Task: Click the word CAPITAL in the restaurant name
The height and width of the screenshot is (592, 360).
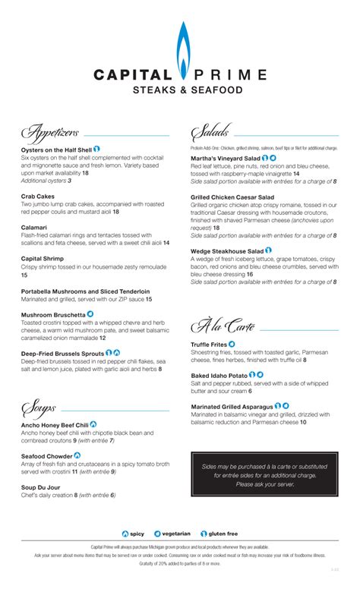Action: click(132, 75)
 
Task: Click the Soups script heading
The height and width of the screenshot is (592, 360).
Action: click(39, 408)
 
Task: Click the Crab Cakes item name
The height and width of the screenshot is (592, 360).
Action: click(38, 196)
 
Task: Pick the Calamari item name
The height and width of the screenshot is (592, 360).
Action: click(35, 227)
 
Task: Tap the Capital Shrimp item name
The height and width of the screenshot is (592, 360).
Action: click(43, 259)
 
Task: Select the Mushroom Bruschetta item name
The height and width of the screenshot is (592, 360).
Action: click(52, 314)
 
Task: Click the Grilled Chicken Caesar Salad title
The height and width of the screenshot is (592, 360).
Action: click(233, 197)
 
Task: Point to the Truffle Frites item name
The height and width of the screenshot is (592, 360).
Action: click(209, 345)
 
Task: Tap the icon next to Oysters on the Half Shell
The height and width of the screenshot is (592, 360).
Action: click(97, 149)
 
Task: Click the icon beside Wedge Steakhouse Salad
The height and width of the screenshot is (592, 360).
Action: click(269, 249)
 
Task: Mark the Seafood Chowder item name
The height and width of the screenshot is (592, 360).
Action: click(47, 455)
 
